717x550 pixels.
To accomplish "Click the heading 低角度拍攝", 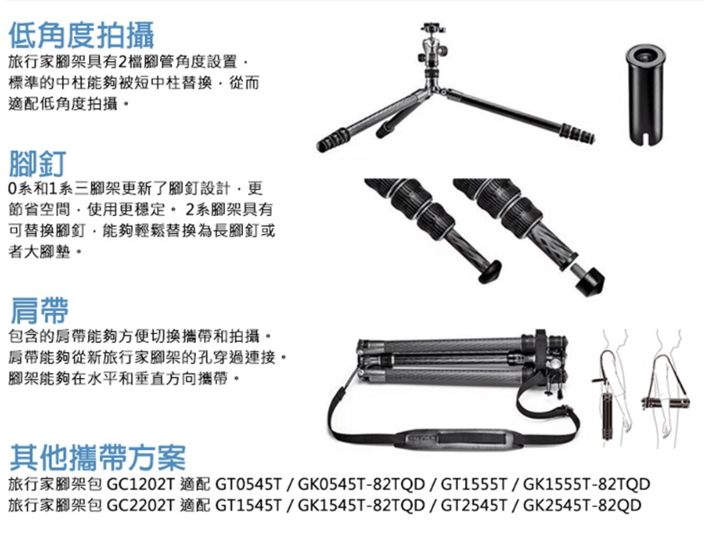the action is pos(82,36).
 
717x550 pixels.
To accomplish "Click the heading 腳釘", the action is pos(38,163).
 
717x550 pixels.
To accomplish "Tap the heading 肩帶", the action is pos(40,311).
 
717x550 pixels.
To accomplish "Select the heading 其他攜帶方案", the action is pos(97,457).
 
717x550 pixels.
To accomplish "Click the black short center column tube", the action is pos(645,95).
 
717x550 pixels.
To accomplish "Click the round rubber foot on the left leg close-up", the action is pos(489,271).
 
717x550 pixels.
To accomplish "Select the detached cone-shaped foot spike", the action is pos(590,281).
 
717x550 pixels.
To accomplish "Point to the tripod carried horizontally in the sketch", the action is pos(666,403).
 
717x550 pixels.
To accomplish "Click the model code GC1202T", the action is pos(141,483).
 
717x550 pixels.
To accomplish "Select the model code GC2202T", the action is pos(141,505).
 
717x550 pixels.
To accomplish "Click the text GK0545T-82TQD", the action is pos(362,483).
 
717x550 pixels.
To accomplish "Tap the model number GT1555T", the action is pos(474,483).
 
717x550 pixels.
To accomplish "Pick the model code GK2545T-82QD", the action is pos(582,505).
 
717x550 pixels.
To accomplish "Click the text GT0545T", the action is pos(249,483).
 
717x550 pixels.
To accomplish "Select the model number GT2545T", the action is pos(474,505).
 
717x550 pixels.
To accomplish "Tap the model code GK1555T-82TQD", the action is pos(587,483).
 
